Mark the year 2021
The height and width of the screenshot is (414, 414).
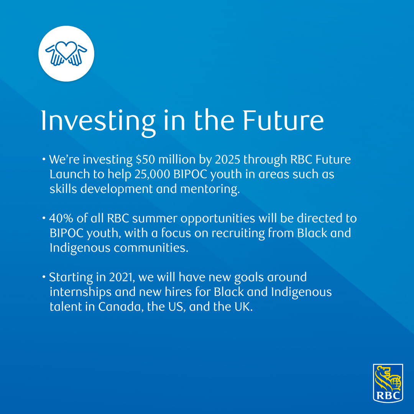click(x=115, y=277)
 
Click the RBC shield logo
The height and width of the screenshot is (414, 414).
click(x=388, y=383)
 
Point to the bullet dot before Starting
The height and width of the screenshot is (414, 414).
click(x=46, y=277)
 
